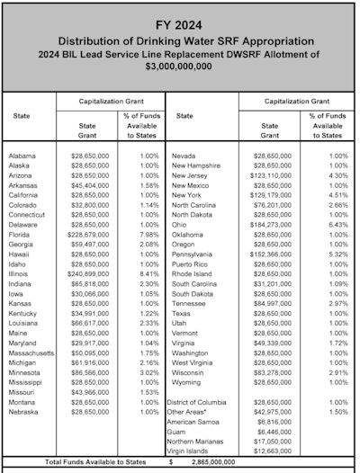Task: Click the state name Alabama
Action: click(x=22, y=156)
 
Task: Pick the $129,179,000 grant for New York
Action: click(x=273, y=194)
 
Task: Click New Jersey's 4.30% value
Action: click(x=327, y=175)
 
